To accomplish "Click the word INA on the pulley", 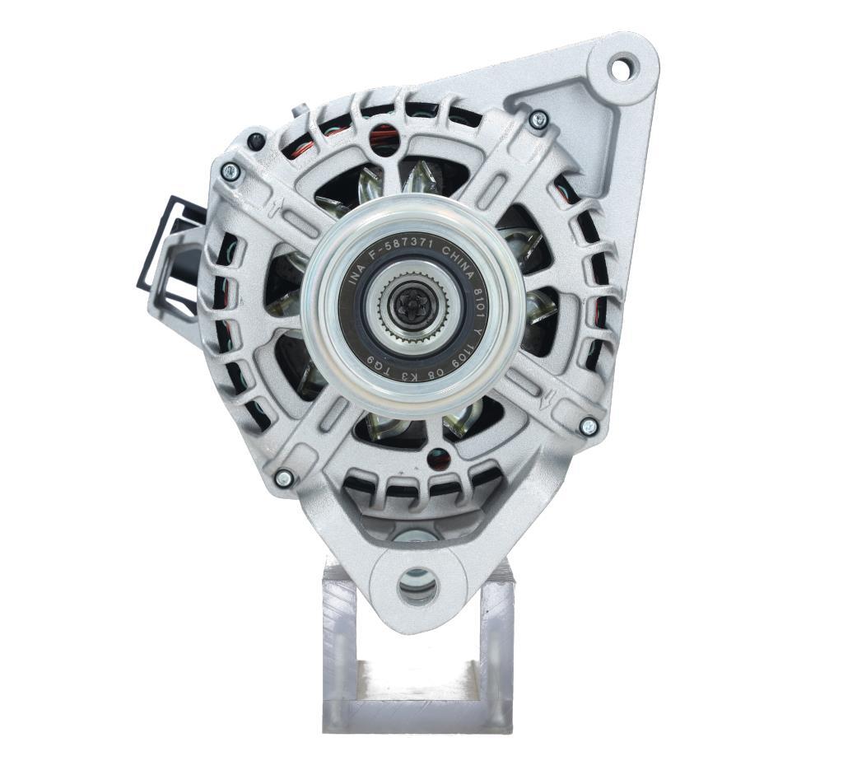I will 356,276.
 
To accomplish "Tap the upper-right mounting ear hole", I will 623,67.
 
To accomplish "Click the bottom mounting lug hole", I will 417,586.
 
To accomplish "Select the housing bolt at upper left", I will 231,171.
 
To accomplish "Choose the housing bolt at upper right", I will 538,120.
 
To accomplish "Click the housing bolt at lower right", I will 589,426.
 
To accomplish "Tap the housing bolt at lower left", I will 283,478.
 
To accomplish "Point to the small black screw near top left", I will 256,140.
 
